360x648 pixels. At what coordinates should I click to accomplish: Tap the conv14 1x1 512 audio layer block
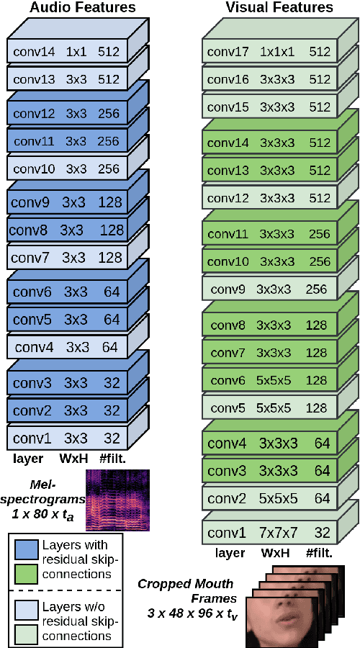point(68,52)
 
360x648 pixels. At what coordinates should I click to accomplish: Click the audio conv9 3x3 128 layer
point(68,202)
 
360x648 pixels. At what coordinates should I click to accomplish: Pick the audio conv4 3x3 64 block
point(68,347)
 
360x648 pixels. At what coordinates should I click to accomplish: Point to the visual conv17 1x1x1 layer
point(269,52)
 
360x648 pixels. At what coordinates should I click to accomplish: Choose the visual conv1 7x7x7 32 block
point(269,533)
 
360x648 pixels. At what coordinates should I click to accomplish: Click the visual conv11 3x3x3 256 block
point(269,234)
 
